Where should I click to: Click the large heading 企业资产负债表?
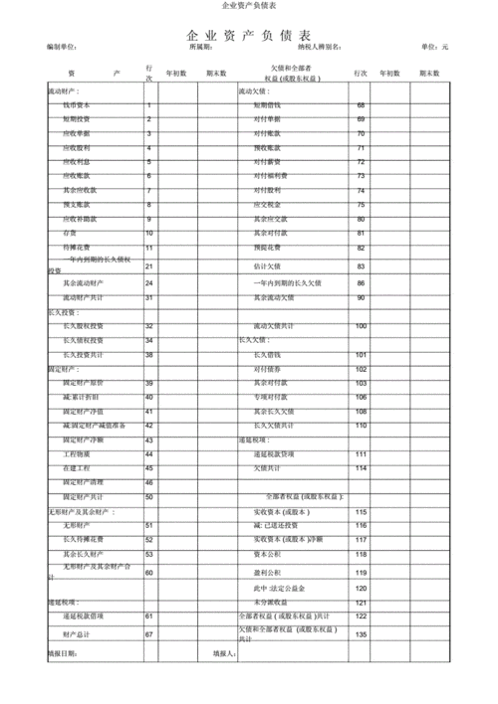(248, 35)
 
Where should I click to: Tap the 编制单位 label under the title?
(63, 48)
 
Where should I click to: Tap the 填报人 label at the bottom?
(225, 653)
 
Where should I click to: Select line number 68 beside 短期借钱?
(361, 104)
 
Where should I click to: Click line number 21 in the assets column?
(149, 266)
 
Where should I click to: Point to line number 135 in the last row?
(361, 633)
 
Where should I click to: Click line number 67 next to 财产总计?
(149, 633)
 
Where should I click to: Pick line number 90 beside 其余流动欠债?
(361, 297)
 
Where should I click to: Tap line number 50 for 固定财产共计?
(149, 496)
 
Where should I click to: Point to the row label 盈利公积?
(267, 572)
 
